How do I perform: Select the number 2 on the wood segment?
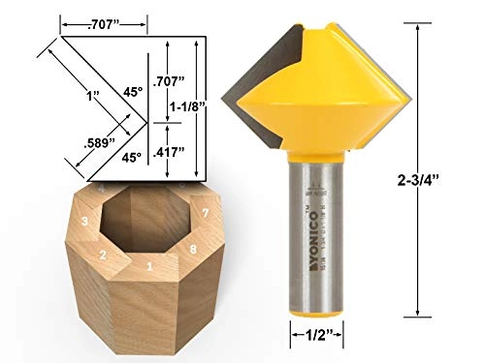[102, 255]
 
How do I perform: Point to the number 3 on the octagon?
[85, 222]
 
